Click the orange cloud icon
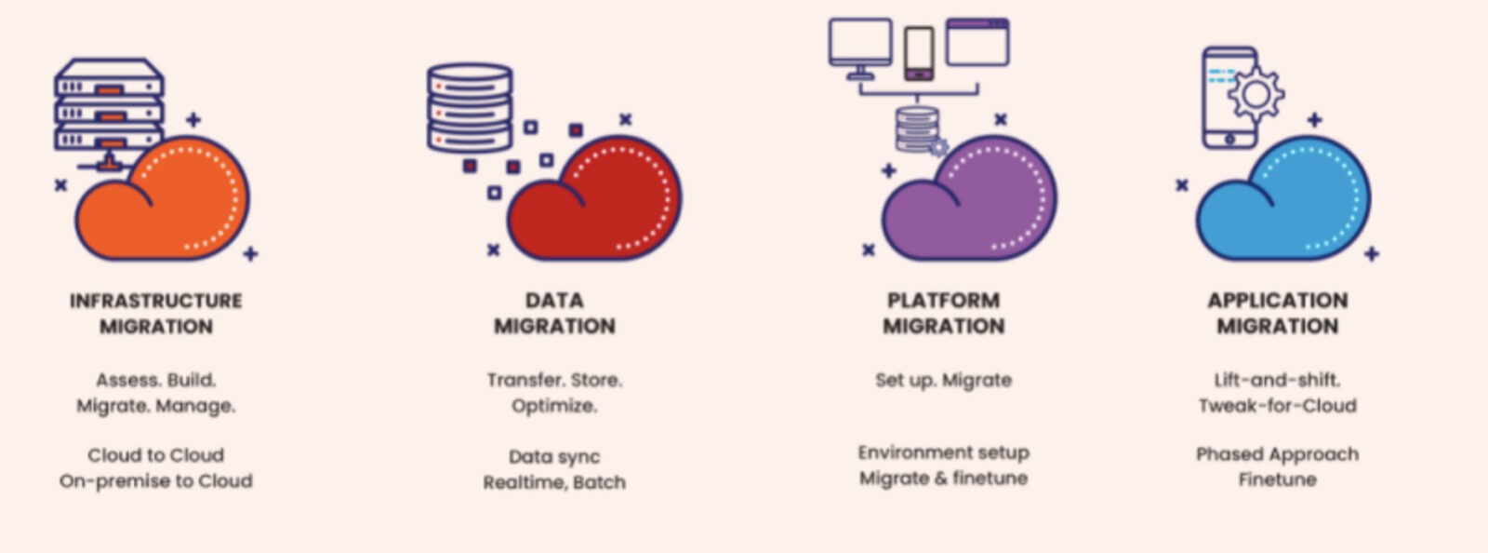click(167, 205)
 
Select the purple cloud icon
click(972, 205)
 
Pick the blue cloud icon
click(1288, 205)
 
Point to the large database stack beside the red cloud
click(469, 108)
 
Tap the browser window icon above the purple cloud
click(977, 42)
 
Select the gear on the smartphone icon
click(1255, 93)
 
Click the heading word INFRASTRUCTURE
click(156, 301)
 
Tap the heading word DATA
click(554, 301)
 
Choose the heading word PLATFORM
click(943, 301)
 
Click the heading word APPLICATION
click(1277, 301)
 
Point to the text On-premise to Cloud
click(156, 480)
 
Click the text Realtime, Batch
click(554, 482)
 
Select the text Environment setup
click(943, 452)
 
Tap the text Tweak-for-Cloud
click(1277, 406)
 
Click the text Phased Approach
click(1277, 454)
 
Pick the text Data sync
click(554, 456)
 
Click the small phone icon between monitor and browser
click(919, 51)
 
